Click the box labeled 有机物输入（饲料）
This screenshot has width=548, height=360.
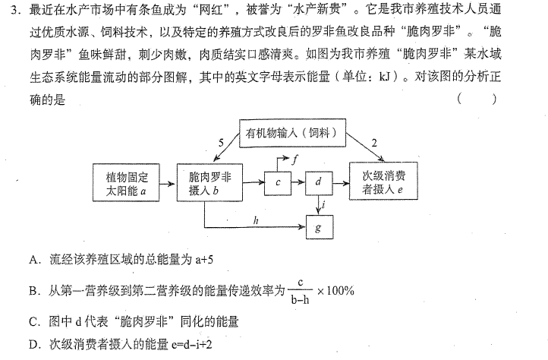click(x=292, y=133)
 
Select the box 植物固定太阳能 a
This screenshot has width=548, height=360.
click(x=126, y=182)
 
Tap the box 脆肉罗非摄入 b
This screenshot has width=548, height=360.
click(x=209, y=182)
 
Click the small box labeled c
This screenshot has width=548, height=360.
click(x=278, y=183)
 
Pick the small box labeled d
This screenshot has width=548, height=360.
click(x=319, y=182)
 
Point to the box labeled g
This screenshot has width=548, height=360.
click(x=320, y=227)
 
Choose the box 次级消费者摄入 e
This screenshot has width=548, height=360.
click(x=383, y=181)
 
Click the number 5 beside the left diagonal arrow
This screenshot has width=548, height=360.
click(x=221, y=143)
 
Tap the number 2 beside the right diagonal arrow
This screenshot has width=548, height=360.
click(x=374, y=143)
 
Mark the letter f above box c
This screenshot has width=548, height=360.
click(x=294, y=159)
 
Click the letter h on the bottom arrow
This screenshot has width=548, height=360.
click(x=256, y=220)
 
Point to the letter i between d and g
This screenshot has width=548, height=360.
click(x=324, y=204)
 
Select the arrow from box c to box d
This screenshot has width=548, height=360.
click(x=298, y=182)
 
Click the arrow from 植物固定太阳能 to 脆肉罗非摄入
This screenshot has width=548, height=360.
click(x=167, y=183)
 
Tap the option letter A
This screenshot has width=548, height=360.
click(x=33, y=260)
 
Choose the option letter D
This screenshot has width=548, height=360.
click(x=33, y=345)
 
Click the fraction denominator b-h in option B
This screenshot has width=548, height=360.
click(x=301, y=299)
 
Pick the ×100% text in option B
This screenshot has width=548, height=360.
click(x=335, y=291)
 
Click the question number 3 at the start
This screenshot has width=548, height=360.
click(x=14, y=11)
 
